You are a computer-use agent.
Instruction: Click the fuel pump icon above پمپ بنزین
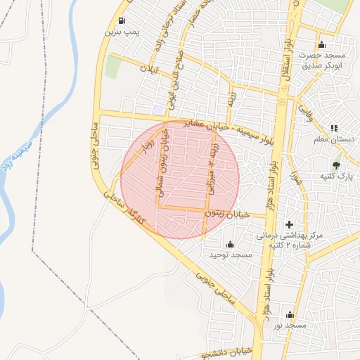click(x=123, y=20)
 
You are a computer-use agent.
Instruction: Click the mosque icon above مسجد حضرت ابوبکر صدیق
click(x=322, y=44)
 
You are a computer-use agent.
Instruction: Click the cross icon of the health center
click(x=288, y=223)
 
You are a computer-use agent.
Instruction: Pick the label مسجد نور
click(x=290, y=326)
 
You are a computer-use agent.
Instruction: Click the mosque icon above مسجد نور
click(x=290, y=314)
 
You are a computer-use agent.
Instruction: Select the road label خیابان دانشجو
click(x=224, y=353)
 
